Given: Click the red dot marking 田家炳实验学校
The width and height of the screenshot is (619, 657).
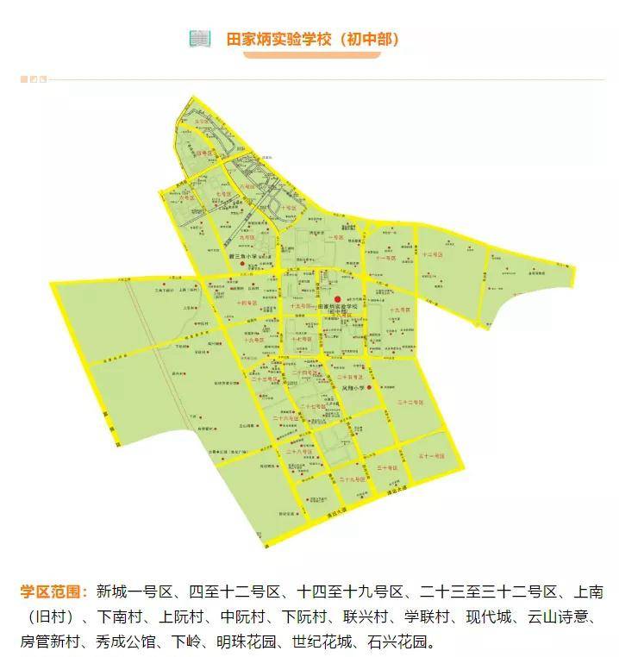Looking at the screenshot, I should tap(325, 298).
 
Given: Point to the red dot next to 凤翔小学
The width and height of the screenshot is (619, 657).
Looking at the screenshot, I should tap(368, 388).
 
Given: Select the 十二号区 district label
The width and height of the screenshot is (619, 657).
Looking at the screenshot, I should tap(432, 255).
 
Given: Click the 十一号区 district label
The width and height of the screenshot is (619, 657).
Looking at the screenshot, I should tap(384, 257).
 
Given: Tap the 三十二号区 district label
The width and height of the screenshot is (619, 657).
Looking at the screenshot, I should tap(406, 403).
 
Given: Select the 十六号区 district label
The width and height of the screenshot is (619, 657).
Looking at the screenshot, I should tap(253, 341).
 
